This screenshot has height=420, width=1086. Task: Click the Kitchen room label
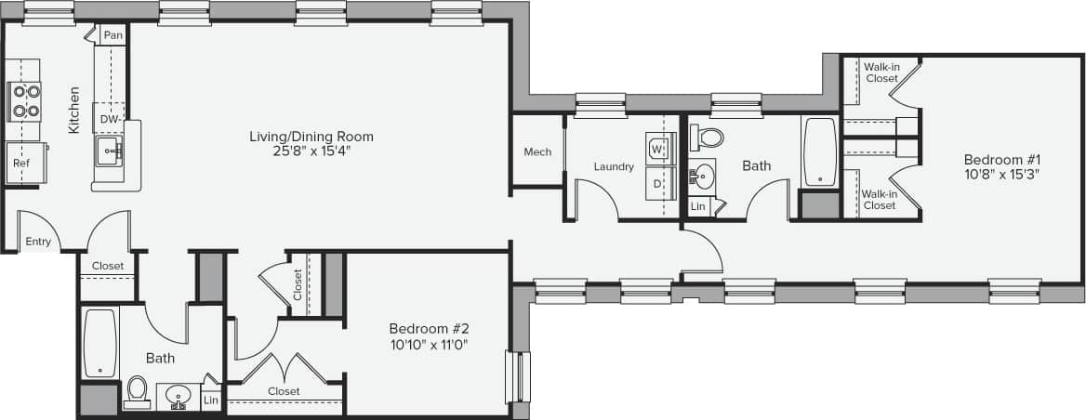73,111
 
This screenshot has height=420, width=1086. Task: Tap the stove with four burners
25,100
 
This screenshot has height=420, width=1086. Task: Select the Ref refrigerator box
21,163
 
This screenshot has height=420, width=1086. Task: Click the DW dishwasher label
108,120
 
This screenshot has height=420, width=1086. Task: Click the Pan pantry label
113,35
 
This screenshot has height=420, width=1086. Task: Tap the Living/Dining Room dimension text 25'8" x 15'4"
311,151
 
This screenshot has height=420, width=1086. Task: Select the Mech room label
537,152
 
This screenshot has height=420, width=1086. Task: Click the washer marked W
657,148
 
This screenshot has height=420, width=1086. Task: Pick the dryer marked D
657,183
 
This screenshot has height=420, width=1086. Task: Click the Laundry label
614,167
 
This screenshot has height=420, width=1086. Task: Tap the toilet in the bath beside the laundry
710,139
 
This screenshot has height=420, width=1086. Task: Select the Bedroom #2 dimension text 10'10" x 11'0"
429,345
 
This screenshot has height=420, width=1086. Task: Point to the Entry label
38,242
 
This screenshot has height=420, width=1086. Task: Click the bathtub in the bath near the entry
99,343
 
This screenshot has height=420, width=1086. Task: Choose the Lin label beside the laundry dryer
698,206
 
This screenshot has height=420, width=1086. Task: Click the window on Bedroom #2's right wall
518,376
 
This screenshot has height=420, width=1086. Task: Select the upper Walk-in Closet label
881,72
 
